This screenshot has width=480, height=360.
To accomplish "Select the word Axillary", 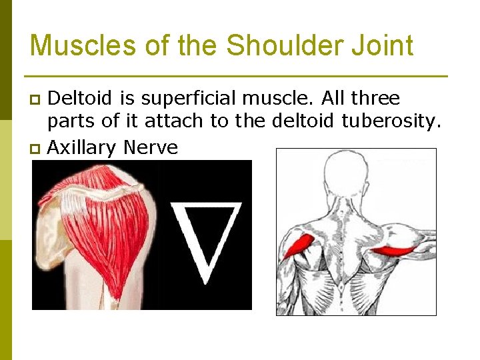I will point(79,147).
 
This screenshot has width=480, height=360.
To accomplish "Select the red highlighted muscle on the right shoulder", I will point(393,251).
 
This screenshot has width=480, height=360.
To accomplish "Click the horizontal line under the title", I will point(235,76).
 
